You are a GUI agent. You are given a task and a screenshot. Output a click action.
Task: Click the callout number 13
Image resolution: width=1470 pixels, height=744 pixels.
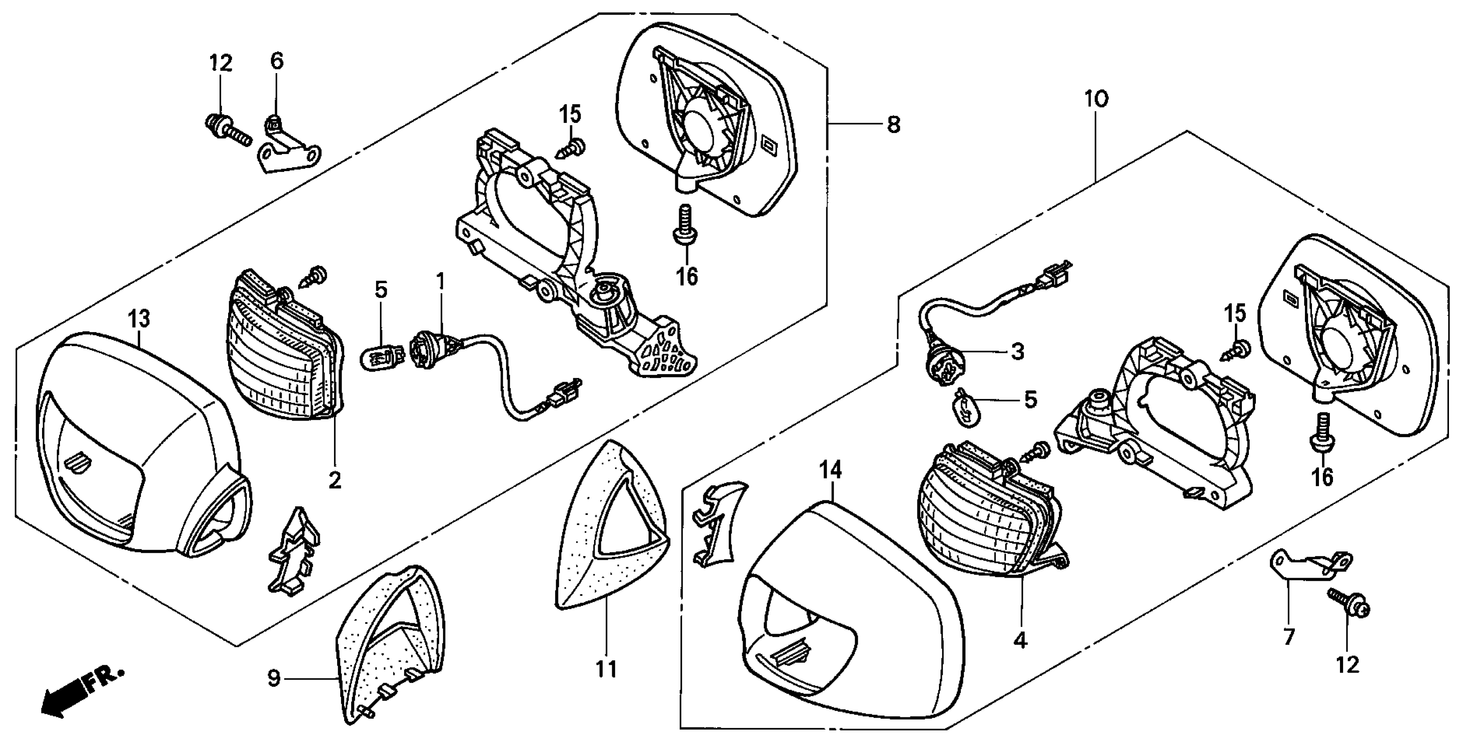[139, 319]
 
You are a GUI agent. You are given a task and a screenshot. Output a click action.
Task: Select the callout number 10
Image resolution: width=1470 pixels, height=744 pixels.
[1096, 99]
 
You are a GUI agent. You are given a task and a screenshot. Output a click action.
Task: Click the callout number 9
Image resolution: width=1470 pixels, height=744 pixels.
[274, 678]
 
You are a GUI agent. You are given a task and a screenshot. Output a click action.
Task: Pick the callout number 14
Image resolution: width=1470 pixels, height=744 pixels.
[831, 471]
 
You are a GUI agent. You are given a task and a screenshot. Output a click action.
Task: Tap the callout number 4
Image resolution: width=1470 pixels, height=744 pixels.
[1020, 641]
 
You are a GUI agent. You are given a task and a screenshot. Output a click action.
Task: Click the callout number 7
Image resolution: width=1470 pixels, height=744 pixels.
[1289, 636]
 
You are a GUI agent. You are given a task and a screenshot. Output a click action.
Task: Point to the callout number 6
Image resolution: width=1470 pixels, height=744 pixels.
[277, 61]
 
